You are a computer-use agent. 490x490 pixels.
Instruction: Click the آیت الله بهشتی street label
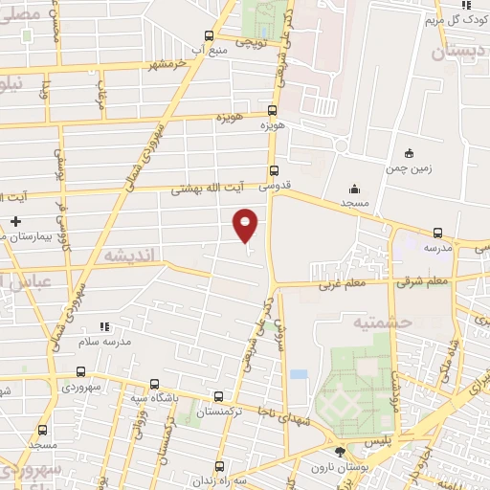(208, 189)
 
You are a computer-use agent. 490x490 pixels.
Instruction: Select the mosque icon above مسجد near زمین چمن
(355, 189)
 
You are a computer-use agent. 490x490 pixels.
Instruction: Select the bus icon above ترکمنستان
(219, 396)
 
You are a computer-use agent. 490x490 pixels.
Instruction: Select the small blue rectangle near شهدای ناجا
(300, 373)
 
